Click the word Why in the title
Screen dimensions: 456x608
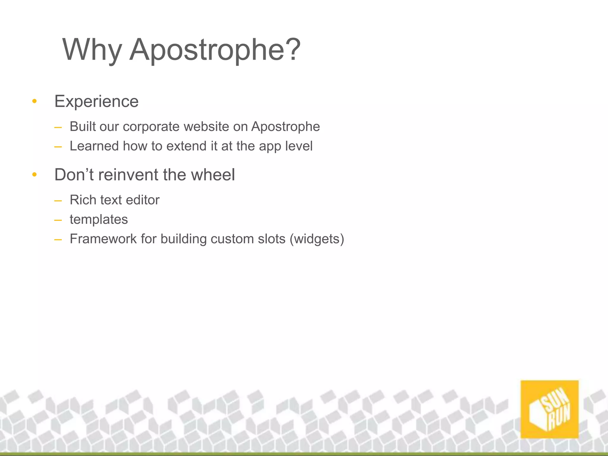tap(92, 50)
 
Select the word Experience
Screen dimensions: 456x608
tap(96, 102)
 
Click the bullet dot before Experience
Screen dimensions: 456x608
tap(34, 102)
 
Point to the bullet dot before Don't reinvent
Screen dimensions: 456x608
tap(34, 175)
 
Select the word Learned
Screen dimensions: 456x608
tap(94, 146)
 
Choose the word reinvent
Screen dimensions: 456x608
tap(128, 175)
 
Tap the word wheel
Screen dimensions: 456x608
tap(213, 175)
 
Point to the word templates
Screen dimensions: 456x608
tap(99, 220)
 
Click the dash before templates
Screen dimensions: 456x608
tap(58, 220)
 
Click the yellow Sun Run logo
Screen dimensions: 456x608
tap(549, 409)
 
